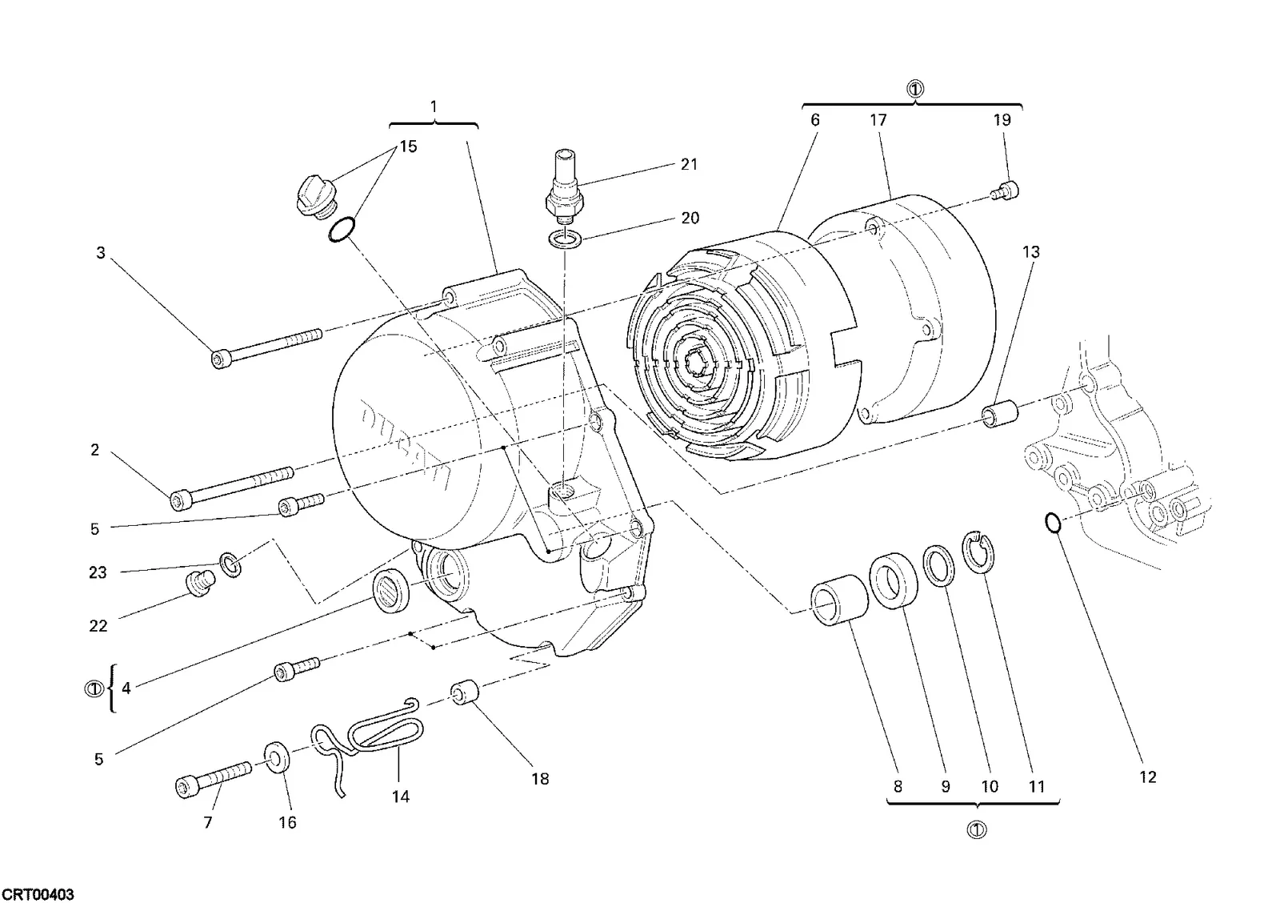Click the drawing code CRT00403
38,894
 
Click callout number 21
689,165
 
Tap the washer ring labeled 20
565,239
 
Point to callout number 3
101,253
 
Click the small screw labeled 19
1005,190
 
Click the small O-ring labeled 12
1053,523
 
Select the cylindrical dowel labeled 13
999,414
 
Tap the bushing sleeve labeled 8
839,600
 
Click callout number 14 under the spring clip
401,797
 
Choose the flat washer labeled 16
277,757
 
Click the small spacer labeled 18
465,692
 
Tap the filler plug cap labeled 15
317,196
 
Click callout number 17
878,120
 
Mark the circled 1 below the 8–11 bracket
977,830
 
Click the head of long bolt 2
179,501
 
